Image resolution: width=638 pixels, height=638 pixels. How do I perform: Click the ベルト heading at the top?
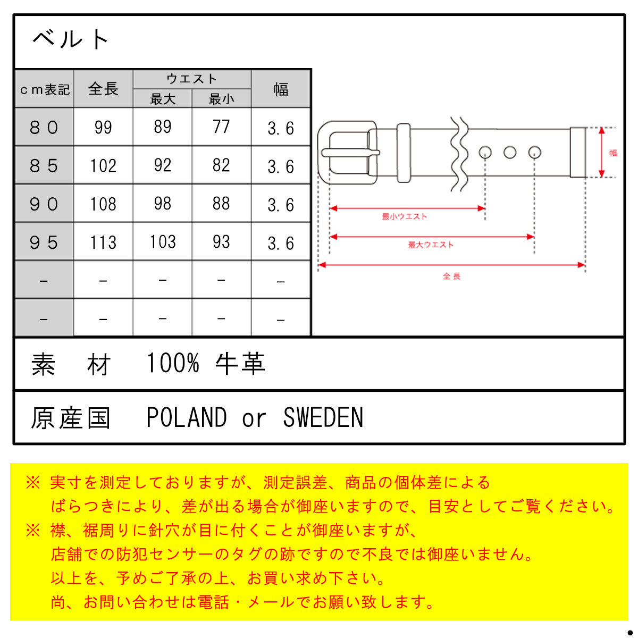71,39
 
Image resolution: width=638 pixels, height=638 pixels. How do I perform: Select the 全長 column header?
103,89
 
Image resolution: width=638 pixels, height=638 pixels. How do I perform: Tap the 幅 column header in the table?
280,89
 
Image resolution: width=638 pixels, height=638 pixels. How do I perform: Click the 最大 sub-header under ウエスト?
162,99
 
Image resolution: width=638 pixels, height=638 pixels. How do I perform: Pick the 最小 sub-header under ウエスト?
221,99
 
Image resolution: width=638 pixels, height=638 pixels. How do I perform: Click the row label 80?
44,127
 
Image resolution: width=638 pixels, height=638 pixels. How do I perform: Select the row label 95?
44,242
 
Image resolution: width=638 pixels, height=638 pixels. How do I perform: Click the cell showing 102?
103,165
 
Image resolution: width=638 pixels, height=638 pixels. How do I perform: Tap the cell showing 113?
103,242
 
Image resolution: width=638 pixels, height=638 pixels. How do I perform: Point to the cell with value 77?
221,127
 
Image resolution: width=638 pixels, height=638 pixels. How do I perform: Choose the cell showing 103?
162,242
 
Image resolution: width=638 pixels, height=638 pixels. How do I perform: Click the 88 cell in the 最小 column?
221,203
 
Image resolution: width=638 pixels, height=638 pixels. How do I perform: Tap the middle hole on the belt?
509,152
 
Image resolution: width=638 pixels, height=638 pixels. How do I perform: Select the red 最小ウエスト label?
404,216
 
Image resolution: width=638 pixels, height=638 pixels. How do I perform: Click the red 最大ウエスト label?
431,245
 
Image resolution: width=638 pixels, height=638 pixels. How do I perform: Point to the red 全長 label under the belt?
451,276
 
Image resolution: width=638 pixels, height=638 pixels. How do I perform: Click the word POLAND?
187,417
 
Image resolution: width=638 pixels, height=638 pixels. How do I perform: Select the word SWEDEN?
323,417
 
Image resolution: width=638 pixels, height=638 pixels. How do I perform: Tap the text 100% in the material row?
173,363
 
